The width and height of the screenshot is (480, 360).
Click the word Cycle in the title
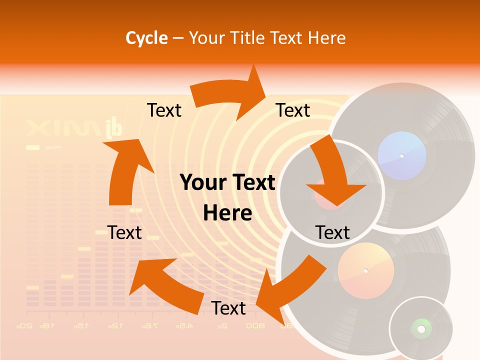pos(146,38)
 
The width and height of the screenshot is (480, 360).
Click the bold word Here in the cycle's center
pos(227,213)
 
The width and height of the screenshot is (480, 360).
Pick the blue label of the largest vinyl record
pos(401,156)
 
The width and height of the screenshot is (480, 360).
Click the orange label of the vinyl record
pos(365,271)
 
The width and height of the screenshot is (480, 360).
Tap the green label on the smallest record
pos(421,328)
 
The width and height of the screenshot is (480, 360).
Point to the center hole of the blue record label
pos(401,156)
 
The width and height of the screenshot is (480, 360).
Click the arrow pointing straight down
pos(332,175)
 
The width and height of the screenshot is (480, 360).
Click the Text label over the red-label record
pos(332,232)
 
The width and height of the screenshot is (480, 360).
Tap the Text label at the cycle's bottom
pos(228,308)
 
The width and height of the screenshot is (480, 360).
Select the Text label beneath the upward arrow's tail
pos(124,232)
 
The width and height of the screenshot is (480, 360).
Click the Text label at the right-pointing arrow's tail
pos(164,110)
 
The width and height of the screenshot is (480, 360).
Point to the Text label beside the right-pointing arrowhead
pos(293,110)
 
